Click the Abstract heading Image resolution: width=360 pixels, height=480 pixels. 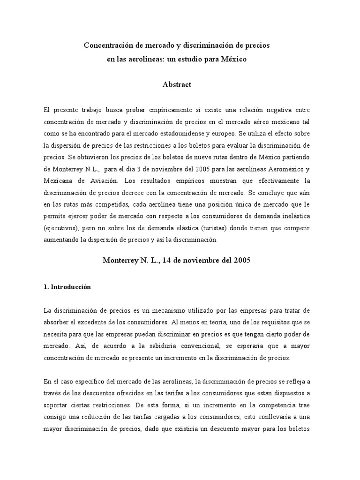[x=177, y=84]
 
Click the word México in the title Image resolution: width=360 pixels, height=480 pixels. [x=232, y=60]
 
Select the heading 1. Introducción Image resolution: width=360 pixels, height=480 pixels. [x=65, y=287]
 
